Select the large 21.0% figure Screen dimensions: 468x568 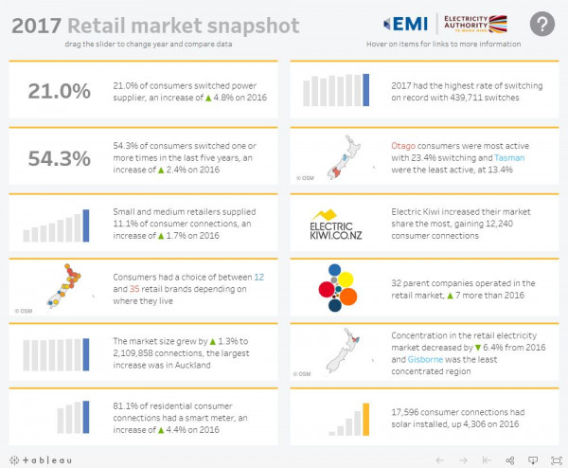tap(60, 91)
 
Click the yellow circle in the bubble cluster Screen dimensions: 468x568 tap(346, 278)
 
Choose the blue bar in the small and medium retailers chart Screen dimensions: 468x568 tap(86, 225)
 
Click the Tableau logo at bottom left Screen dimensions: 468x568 tap(43, 458)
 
